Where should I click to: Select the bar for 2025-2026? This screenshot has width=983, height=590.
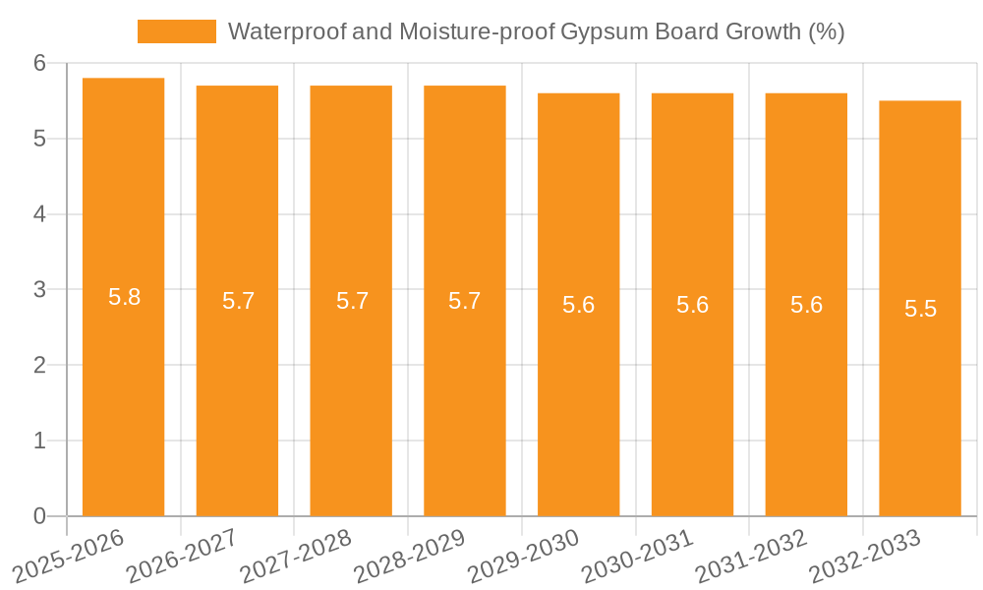pyautogui.click(x=123, y=393)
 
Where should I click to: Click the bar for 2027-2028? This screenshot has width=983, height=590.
pyautogui.click(x=351, y=393)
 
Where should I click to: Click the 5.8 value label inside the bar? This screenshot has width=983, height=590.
pyautogui.click(x=125, y=297)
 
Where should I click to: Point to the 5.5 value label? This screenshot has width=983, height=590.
pyautogui.click(x=921, y=309)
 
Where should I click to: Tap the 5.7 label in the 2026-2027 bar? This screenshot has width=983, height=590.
pyautogui.click(x=239, y=301)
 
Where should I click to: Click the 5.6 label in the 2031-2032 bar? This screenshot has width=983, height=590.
pyautogui.click(x=807, y=305)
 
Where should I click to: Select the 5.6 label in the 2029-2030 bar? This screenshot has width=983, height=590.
pyautogui.click(x=579, y=305)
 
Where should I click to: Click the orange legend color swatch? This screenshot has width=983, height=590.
pyautogui.click(x=177, y=31)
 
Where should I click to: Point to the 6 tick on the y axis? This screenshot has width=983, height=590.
pyautogui.click(x=40, y=63)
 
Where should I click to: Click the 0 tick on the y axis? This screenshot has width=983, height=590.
pyautogui.click(x=40, y=516)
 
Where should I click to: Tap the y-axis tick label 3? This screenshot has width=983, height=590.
pyautogui.click(x=40, y=290)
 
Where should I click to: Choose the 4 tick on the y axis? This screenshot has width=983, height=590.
pyautogui.click(x=40, y=214)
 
